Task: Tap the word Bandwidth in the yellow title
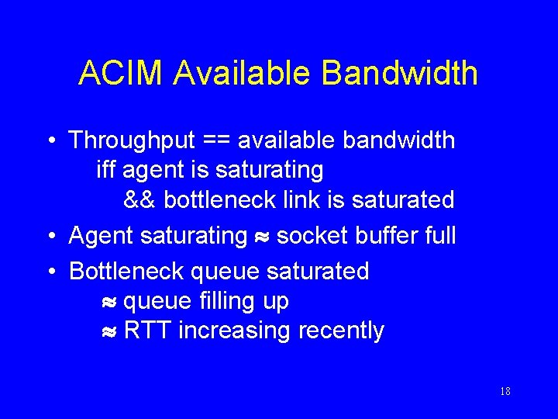pyautogui.click(x=400, y=73)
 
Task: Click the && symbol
pyautogui.click(x=140, y=200)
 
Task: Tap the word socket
pyautogui.click(x=313, y=234)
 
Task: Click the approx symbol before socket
pyautogui.click(x=262, y=236)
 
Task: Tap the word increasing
pyautogui.click(x=234, y=331)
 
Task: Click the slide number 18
pyautogui.click(x=505, y=392)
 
